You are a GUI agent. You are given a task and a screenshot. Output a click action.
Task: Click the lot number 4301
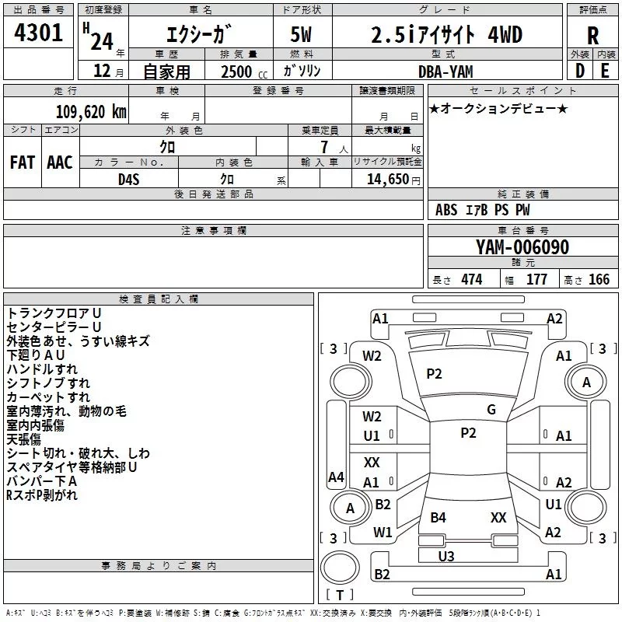coord(38,33)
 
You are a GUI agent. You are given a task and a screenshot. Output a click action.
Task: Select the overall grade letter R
coord(592,36)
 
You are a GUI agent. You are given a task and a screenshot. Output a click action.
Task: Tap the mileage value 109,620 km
coord(91,112)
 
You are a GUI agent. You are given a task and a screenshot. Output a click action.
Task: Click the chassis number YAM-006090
coord(522,247)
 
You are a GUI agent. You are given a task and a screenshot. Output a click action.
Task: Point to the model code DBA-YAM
coord(446,72)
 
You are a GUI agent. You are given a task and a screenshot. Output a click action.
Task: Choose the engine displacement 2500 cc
coord(244,72)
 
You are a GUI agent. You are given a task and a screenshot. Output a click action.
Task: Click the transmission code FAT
coord(23,162)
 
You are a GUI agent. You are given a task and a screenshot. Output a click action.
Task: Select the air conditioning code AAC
coord(60,162)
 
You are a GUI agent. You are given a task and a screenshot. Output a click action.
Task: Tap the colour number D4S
coord(129,180)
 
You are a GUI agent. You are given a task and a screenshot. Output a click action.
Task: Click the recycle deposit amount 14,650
coord(388,179)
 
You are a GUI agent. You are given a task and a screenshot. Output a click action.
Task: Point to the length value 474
coord(472,279)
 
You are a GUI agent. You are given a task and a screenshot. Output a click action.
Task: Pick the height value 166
coord(599,279)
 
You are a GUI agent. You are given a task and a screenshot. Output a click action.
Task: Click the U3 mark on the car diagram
coord(446,557)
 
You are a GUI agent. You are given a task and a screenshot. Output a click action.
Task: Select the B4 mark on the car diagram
coord(439,517)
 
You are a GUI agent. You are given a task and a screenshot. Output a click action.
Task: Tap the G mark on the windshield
coord(491,410)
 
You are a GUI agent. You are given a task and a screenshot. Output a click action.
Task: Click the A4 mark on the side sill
coord(336,477)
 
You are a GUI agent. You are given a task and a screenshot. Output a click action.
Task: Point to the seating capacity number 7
coord(324,147)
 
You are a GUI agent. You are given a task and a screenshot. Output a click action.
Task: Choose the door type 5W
coord(301,34)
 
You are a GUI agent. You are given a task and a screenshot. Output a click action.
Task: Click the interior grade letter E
coord(605,71)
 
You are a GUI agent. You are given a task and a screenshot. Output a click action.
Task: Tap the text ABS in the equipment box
coord(446,210)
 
